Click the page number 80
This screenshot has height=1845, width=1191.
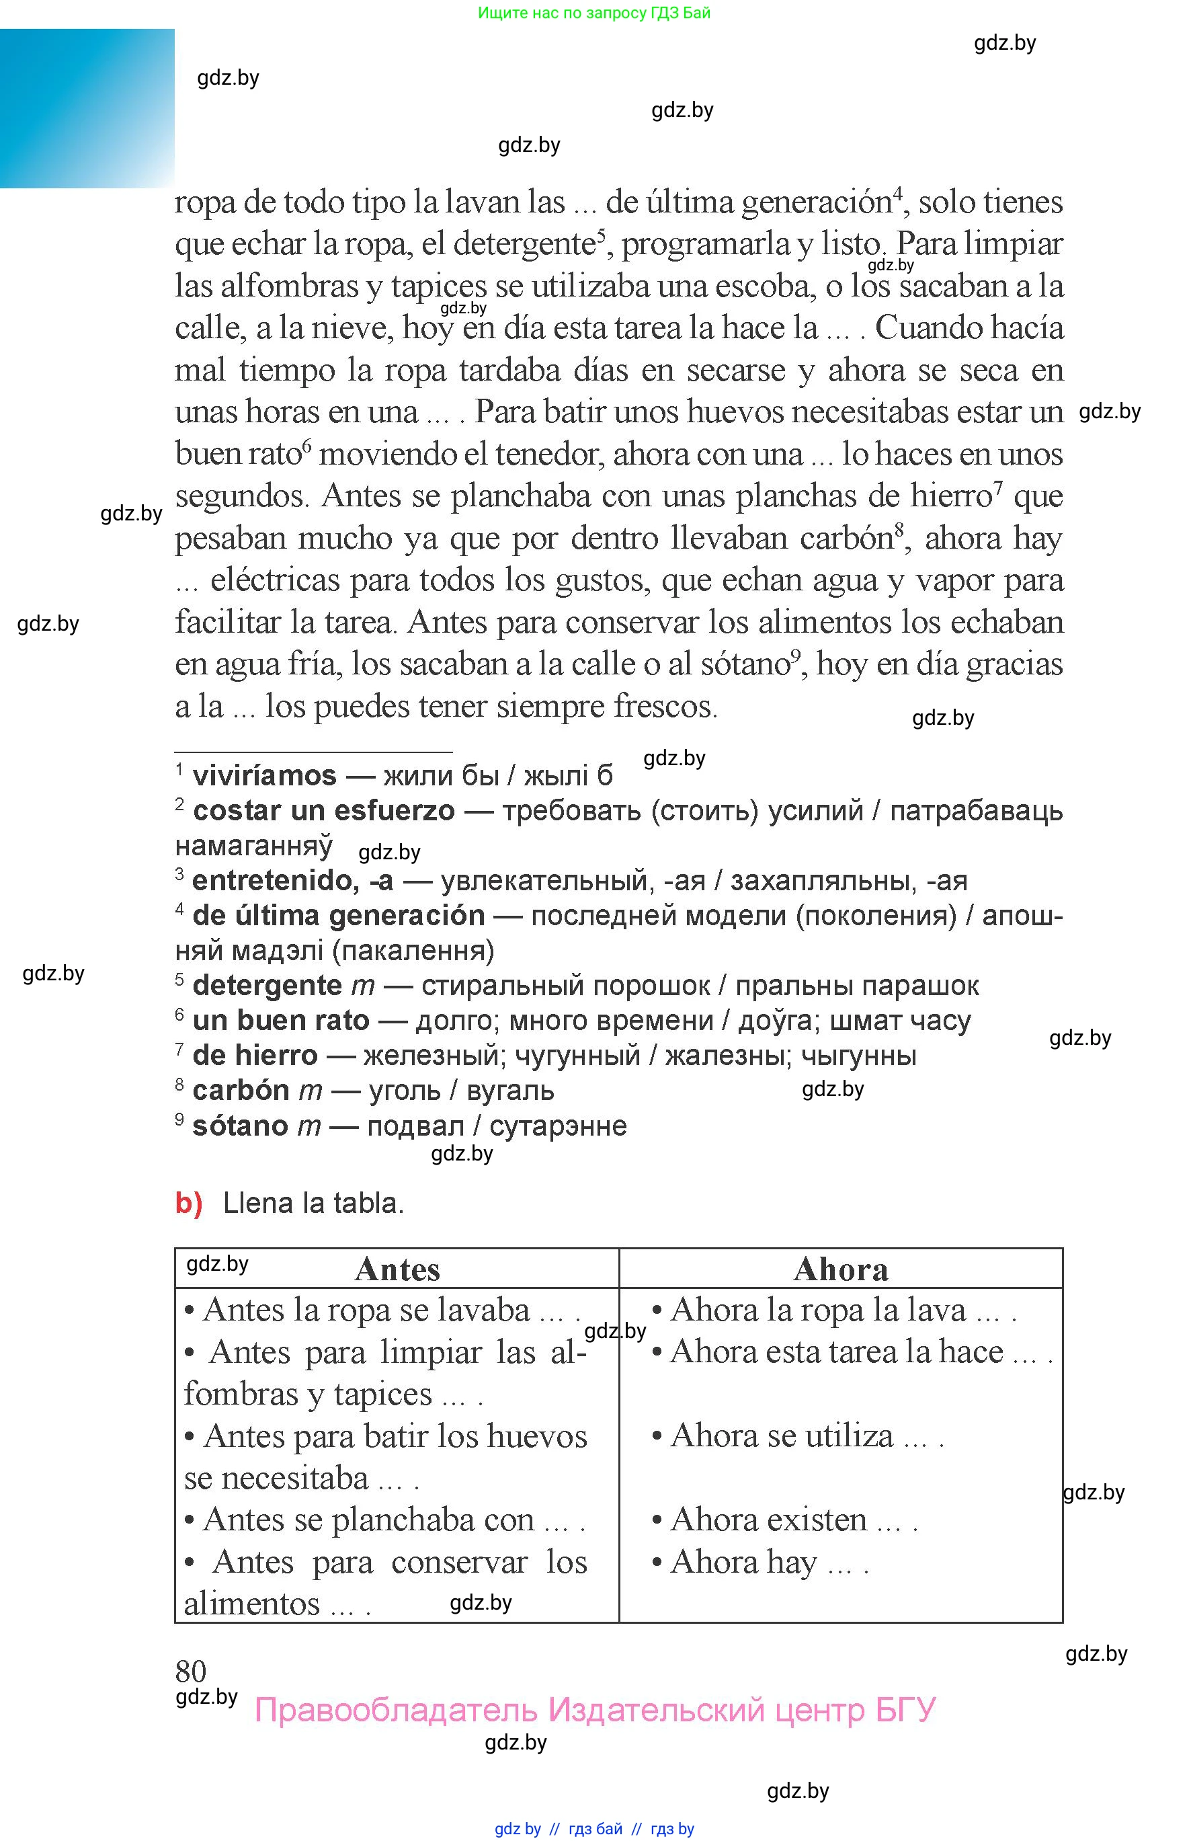point(191,1671)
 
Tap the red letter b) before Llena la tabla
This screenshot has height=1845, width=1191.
point(189,1204)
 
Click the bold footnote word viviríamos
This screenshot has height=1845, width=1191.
point(265,775)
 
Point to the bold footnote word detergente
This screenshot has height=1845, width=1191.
point(267,986)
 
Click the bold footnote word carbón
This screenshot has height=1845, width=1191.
point(241,1091)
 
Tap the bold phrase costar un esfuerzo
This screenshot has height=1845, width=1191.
point(324,811)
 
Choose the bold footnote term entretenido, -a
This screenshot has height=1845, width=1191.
point(292,880)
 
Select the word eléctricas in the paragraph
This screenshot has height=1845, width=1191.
point(276,580)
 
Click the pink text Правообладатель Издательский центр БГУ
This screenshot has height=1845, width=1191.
point(595,1709)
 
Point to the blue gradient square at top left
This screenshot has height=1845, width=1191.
point(87,108)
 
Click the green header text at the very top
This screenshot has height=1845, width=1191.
point(594,12)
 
